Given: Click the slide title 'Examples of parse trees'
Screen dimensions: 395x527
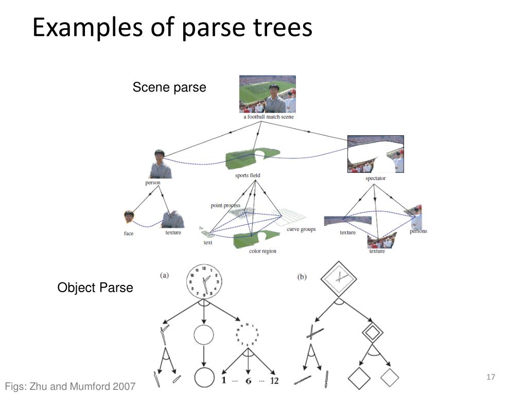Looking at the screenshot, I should click(x=172, y=28).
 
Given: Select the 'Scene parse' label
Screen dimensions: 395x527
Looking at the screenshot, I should click(x=169, y=87).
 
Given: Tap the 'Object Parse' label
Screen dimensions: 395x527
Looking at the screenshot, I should click(x=95, y=288).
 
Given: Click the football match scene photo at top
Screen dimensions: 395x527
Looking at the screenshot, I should click(x=268, y=94).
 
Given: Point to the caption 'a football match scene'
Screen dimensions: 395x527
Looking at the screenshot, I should click(x=268, y=117).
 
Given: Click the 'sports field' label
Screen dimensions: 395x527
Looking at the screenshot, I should click(x=248, y=175).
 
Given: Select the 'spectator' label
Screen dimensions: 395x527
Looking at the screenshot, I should click(x=375, y=178).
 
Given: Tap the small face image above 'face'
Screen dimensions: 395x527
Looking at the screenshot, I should click(x=129, y=218).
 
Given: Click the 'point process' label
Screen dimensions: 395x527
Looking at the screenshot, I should click(x=225, y=206).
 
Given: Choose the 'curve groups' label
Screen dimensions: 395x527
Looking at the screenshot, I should click(x=301, y=229).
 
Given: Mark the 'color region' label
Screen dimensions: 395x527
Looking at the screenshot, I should click(x=262, y=251).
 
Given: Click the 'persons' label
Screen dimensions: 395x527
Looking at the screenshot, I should click(x=418, y=231).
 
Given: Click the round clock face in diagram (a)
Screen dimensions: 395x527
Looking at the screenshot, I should click(x=204, y=281).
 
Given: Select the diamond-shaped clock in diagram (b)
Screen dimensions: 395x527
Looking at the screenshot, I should click(x=339, y=278).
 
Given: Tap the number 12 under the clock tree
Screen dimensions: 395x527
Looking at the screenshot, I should click(x=274, y=381).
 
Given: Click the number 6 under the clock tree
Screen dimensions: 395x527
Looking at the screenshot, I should click(x=248, y=381).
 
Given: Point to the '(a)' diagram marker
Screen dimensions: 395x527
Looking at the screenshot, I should click(x=164, y=275).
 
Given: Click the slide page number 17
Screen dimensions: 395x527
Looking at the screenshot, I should click(x=490, y=378).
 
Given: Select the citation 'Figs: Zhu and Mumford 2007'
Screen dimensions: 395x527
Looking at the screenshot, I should click(x=71, y=386).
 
